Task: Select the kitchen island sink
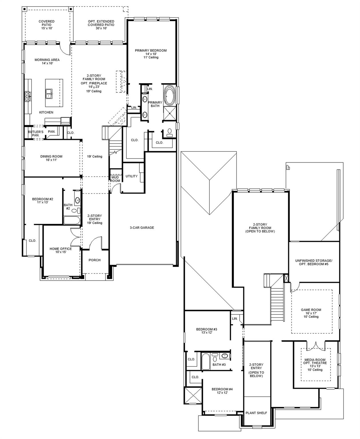[49, 93]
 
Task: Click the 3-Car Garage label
[142, 228]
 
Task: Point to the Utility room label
[131, 176]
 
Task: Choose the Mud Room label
[115, 179]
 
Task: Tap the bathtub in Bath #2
[72, 220]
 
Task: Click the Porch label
[95, 260]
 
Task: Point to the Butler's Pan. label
[36, 133]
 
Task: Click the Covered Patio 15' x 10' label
[47, 25]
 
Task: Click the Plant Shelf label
[256, 417]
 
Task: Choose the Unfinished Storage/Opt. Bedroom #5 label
[314, 262]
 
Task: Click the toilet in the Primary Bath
[170, 132]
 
